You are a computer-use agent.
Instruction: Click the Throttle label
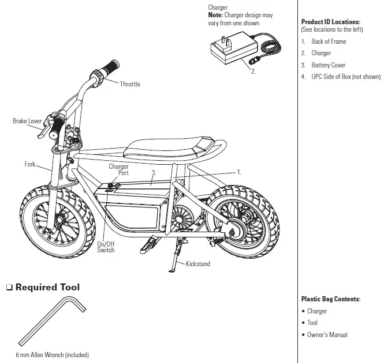click(x=130, y=84)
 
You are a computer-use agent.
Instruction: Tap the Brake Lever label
click(x=27, y=122)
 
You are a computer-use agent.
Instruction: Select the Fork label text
click(x=30, y=164)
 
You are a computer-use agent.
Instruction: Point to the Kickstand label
click(x=198, y=264)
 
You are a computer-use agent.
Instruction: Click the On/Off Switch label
click(x=106, y=247)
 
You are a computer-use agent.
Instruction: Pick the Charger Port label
click(x=119, y=169)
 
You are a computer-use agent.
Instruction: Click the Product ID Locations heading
click(x=331, y=22)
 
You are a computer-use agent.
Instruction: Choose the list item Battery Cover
click(x=329, y=65)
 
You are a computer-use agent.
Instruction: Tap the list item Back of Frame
click(x=329, y=41)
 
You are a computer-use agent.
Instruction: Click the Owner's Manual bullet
click(x=327, y=335)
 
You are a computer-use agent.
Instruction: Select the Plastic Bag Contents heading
click(x=331, y=299)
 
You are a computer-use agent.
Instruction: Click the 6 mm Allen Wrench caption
click(x=53, y=355)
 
